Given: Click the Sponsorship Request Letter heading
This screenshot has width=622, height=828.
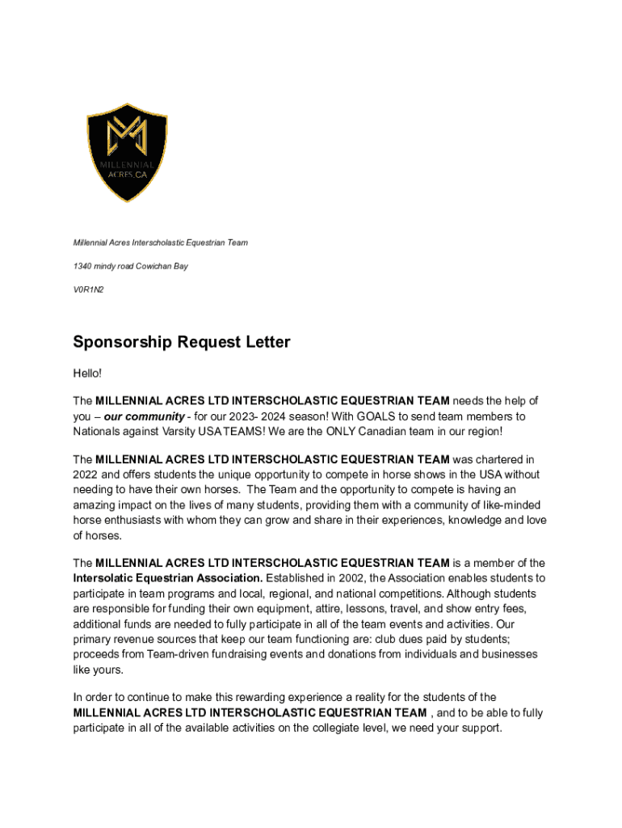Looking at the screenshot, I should (182, 342).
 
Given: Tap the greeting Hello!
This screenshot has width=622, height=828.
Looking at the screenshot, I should (88, 374).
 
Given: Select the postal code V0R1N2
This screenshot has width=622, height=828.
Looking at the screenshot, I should (89, 289).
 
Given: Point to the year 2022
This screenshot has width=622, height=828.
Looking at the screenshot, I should (85, 475).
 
